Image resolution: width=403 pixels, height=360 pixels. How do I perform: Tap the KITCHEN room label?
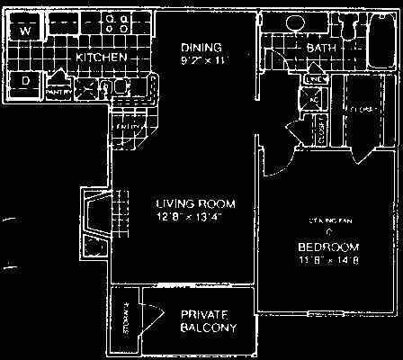100,58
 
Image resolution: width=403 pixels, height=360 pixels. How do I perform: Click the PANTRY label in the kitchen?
58,92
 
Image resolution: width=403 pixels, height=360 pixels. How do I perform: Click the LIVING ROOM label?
177,202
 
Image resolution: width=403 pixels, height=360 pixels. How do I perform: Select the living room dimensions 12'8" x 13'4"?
176,217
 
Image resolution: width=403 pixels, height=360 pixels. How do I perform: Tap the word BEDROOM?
329,247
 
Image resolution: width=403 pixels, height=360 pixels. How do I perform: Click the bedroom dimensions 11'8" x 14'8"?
329,261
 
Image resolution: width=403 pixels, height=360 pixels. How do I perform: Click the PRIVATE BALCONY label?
208,321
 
